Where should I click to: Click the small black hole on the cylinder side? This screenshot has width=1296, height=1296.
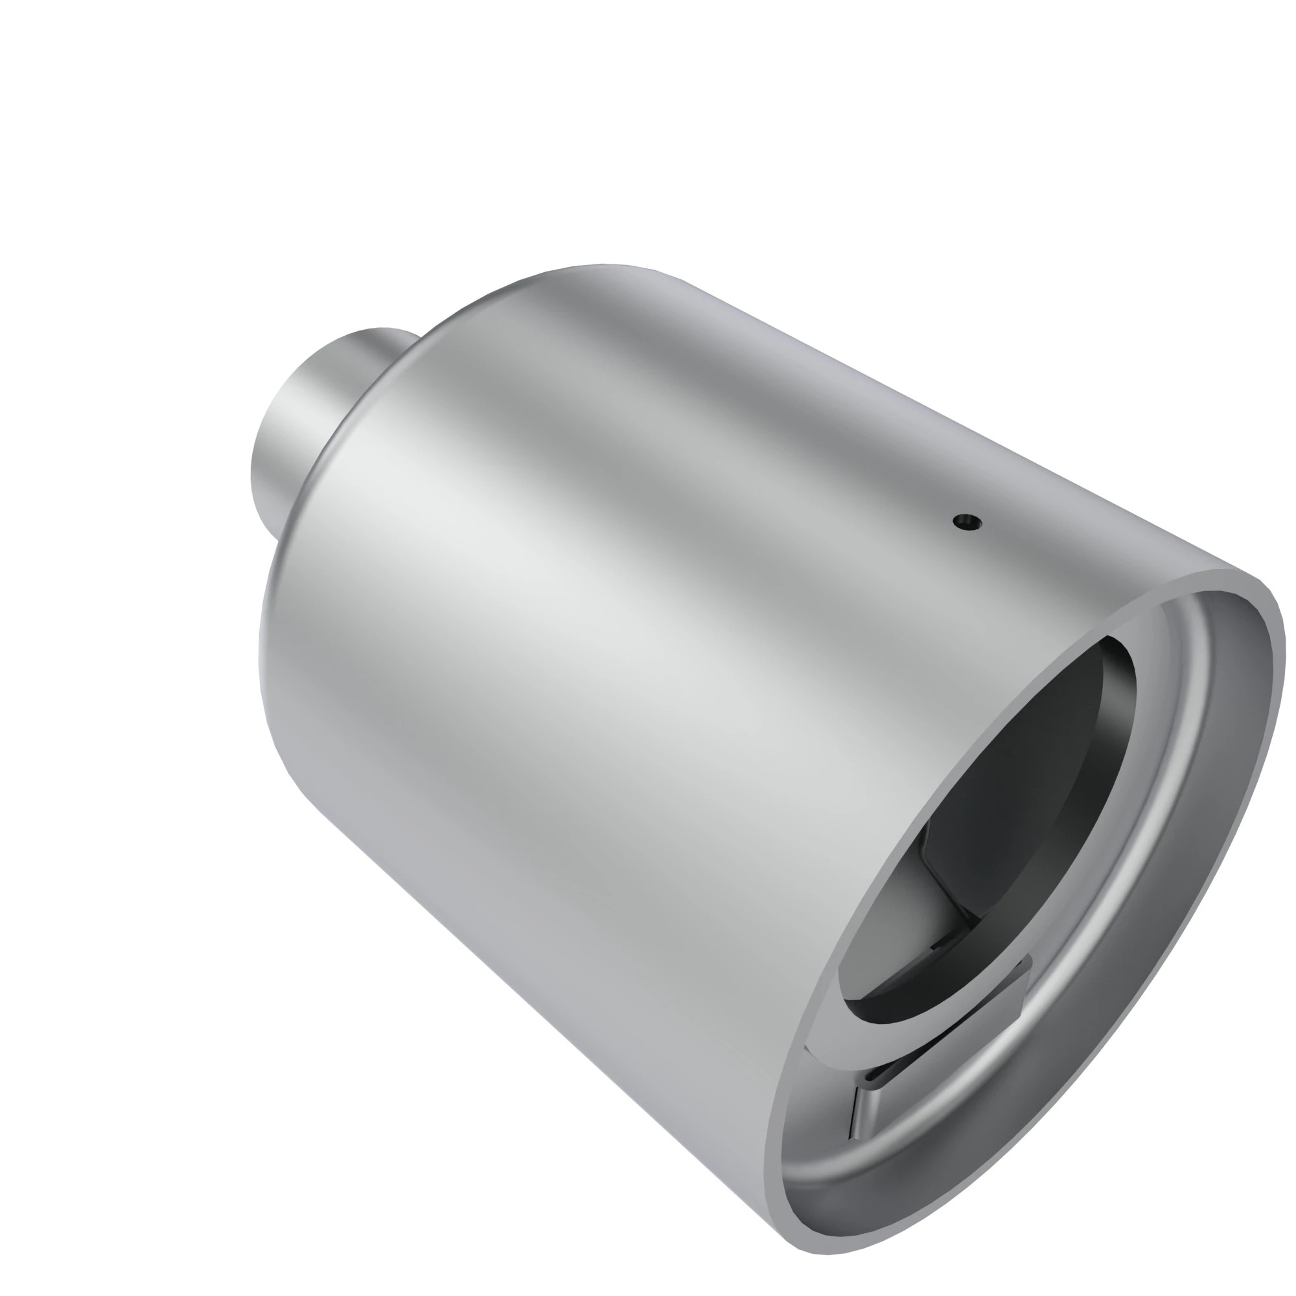point(966,521)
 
